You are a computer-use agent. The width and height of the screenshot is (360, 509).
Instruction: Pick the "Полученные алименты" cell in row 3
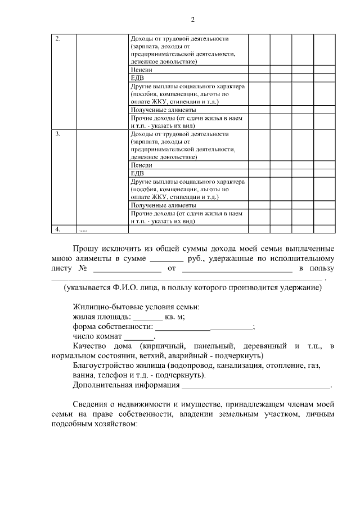point(163,206)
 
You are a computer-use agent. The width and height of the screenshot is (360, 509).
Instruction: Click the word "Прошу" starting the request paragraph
point(86,248)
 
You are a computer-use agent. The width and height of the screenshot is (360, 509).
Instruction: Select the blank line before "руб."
point(167,259)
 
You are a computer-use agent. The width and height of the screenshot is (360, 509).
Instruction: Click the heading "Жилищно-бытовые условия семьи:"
point(136,307)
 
